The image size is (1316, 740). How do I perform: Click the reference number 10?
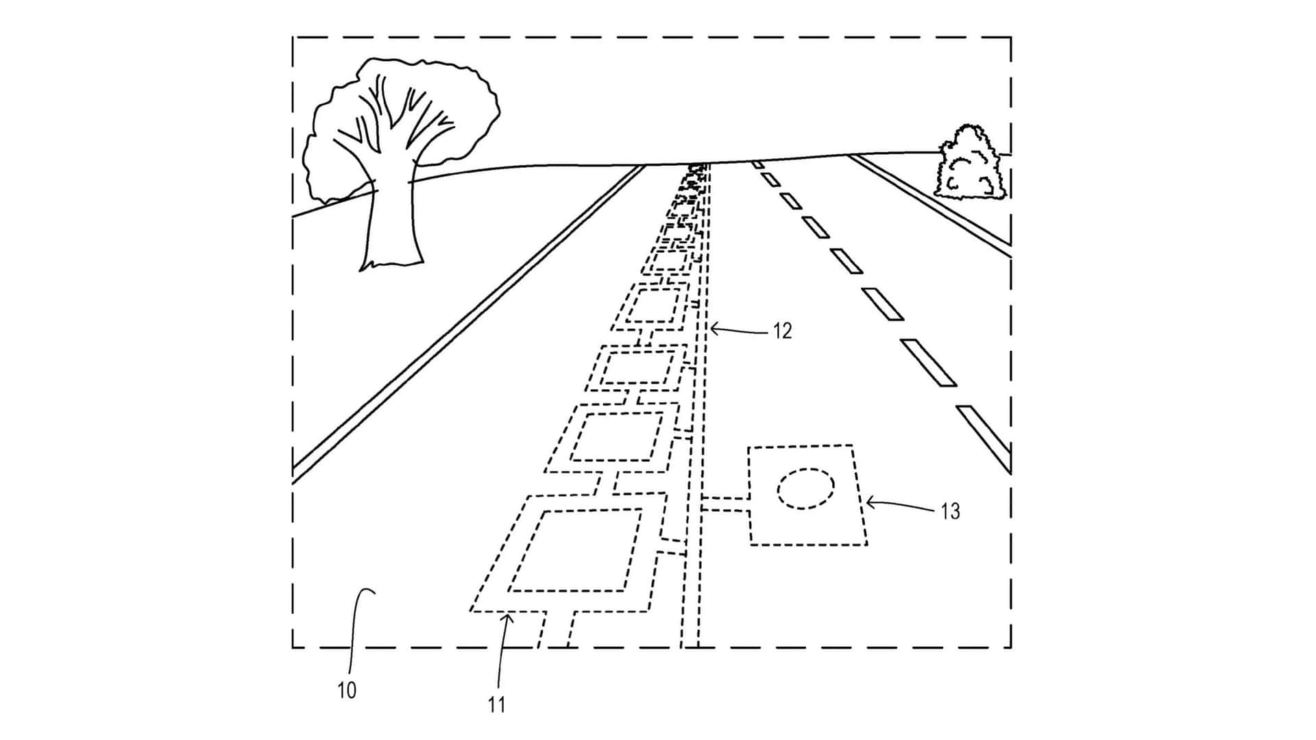[347, 691]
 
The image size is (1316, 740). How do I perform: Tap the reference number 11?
[496, 704]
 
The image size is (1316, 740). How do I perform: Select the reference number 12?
[782, 332]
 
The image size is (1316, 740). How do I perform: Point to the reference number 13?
[950, 511]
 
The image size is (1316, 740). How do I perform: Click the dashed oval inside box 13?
[805, 489]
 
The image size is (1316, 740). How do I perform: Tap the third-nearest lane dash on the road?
[882, 304]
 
